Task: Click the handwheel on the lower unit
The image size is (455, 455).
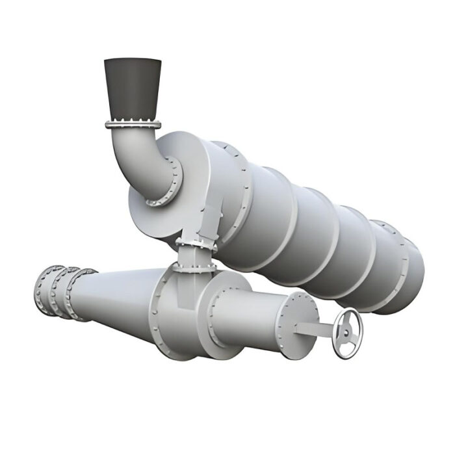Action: pos(348,333)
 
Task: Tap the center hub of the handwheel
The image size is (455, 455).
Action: pos(348,333)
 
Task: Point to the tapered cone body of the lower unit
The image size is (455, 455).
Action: pos(117,296)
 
